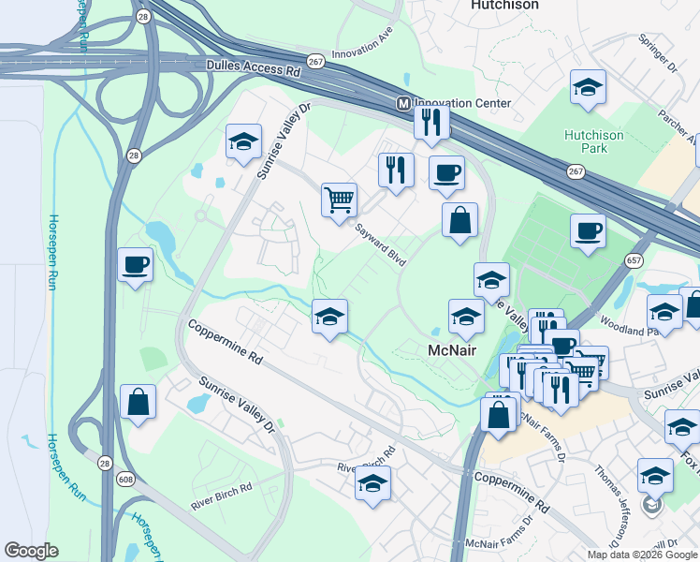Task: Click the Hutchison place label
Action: click(x=503, y=5)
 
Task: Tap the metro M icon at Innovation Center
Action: click(x=403, y=103)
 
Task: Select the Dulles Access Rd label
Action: click(x=253, y=68)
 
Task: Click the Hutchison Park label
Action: click(x=593, y=141)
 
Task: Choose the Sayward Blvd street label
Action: click(x=379, y=244)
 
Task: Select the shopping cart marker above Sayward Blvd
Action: click(x=339, y=199)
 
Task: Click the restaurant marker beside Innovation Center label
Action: click(x=431, y=121)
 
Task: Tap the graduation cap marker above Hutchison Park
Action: click(x=587, y=87)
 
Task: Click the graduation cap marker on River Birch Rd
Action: click(x=372, y=482)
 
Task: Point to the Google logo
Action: click(x=31, y=551)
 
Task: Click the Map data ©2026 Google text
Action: click(x=641, y=555)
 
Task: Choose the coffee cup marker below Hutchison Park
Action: click(x=588, y=230)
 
